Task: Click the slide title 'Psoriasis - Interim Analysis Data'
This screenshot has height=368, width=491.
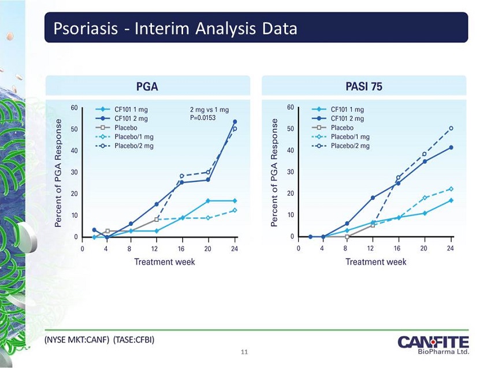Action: pyautogui.click(x=175, y=28)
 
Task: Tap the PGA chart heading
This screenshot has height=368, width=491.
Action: pyautogui.click(x=147, y=87)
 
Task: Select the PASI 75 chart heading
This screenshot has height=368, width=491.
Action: pyautogui.click(x=364, y=87)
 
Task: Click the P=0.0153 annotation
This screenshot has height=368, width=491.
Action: pyautogui.click(x=203, y=118)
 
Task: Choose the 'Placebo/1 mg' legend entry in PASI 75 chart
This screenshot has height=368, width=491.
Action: pyautogui.click(x=341, y=136)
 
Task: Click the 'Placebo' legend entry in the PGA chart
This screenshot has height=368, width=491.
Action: pyautogui.click(x=117, y=128)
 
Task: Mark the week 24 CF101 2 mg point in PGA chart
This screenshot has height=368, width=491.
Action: pyautogui.click(x=235, y=122)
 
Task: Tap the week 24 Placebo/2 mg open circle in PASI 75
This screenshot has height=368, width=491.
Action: pyautogui.click(x=451, y=128)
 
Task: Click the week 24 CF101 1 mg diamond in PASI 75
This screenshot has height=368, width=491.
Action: pyautogui.click(x=451, y=200)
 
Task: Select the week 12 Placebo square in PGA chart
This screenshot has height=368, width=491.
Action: pyautogui.click(x=157, y=220)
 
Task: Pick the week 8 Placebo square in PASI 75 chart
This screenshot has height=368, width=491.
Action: pyautogui.click(x=347, y=237)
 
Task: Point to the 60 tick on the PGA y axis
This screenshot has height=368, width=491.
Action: pyautogui.click(x=74, y=107)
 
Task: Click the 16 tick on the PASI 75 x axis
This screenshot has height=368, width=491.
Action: pyautogui.click(x=397, y=248)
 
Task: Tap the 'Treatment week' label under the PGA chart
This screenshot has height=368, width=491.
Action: pyautogui.click(x=165, y=262)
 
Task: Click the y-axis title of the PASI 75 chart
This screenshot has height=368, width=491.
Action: pyautogui.click(x=274, y=173)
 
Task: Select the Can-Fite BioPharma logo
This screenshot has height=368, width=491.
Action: pyautogui.click(x=433, y=345)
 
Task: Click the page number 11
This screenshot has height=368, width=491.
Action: pyautogui.click(x=244, y=352)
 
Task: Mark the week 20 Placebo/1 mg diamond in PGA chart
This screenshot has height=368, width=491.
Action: pyautogui.click(x=208, y=218)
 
